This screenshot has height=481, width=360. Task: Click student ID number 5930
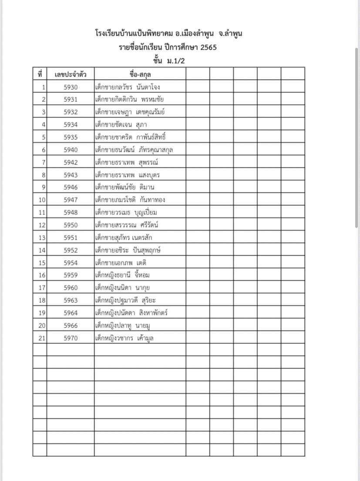pos(71,87)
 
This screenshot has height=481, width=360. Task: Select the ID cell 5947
pos(71,200)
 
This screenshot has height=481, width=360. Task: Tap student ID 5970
pos(71,338)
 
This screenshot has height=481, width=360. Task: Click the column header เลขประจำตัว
pos(71,74)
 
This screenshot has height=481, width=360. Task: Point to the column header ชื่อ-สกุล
pos(140,74)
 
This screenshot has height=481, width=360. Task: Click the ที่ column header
pos(40,74)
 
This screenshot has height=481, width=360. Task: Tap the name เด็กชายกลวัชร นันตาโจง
pos(128,87)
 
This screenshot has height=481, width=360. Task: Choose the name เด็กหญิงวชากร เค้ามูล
pos(124,338)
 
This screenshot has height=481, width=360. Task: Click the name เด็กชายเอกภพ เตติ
pos(121,263)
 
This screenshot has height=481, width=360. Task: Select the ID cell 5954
pos(71,263)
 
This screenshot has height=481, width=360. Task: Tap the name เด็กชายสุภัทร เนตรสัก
pos(124,237)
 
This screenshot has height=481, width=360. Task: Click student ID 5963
pos(71,300)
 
